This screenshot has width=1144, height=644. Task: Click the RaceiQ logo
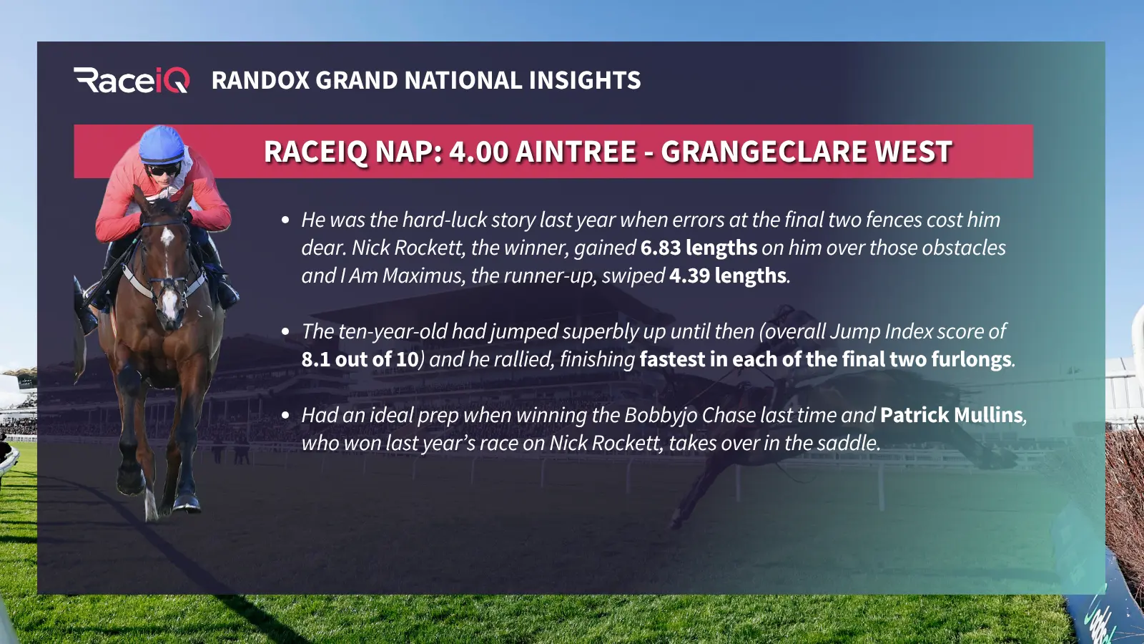click(x=132, y=80)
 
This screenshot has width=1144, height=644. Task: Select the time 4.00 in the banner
click(x=478, y=151)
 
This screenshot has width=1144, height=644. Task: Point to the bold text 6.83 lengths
click(x=699, y=248)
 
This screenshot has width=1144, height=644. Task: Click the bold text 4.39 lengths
click(x=727, y=276)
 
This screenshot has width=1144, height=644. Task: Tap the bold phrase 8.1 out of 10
click(x=360, y=359)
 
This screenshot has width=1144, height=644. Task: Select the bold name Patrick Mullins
click(x=952, y=415)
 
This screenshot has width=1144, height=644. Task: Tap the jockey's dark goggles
click(x=164, y=169)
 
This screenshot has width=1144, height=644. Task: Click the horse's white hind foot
click(x=151, y=504)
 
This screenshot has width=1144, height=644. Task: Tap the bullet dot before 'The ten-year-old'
click(x=285, y=332)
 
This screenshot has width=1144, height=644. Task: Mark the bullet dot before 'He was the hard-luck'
click(x=285, y=220)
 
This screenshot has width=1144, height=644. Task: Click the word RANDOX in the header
click(x=260, y=80)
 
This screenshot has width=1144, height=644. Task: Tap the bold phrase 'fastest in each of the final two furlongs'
click(x=825, y=359)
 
